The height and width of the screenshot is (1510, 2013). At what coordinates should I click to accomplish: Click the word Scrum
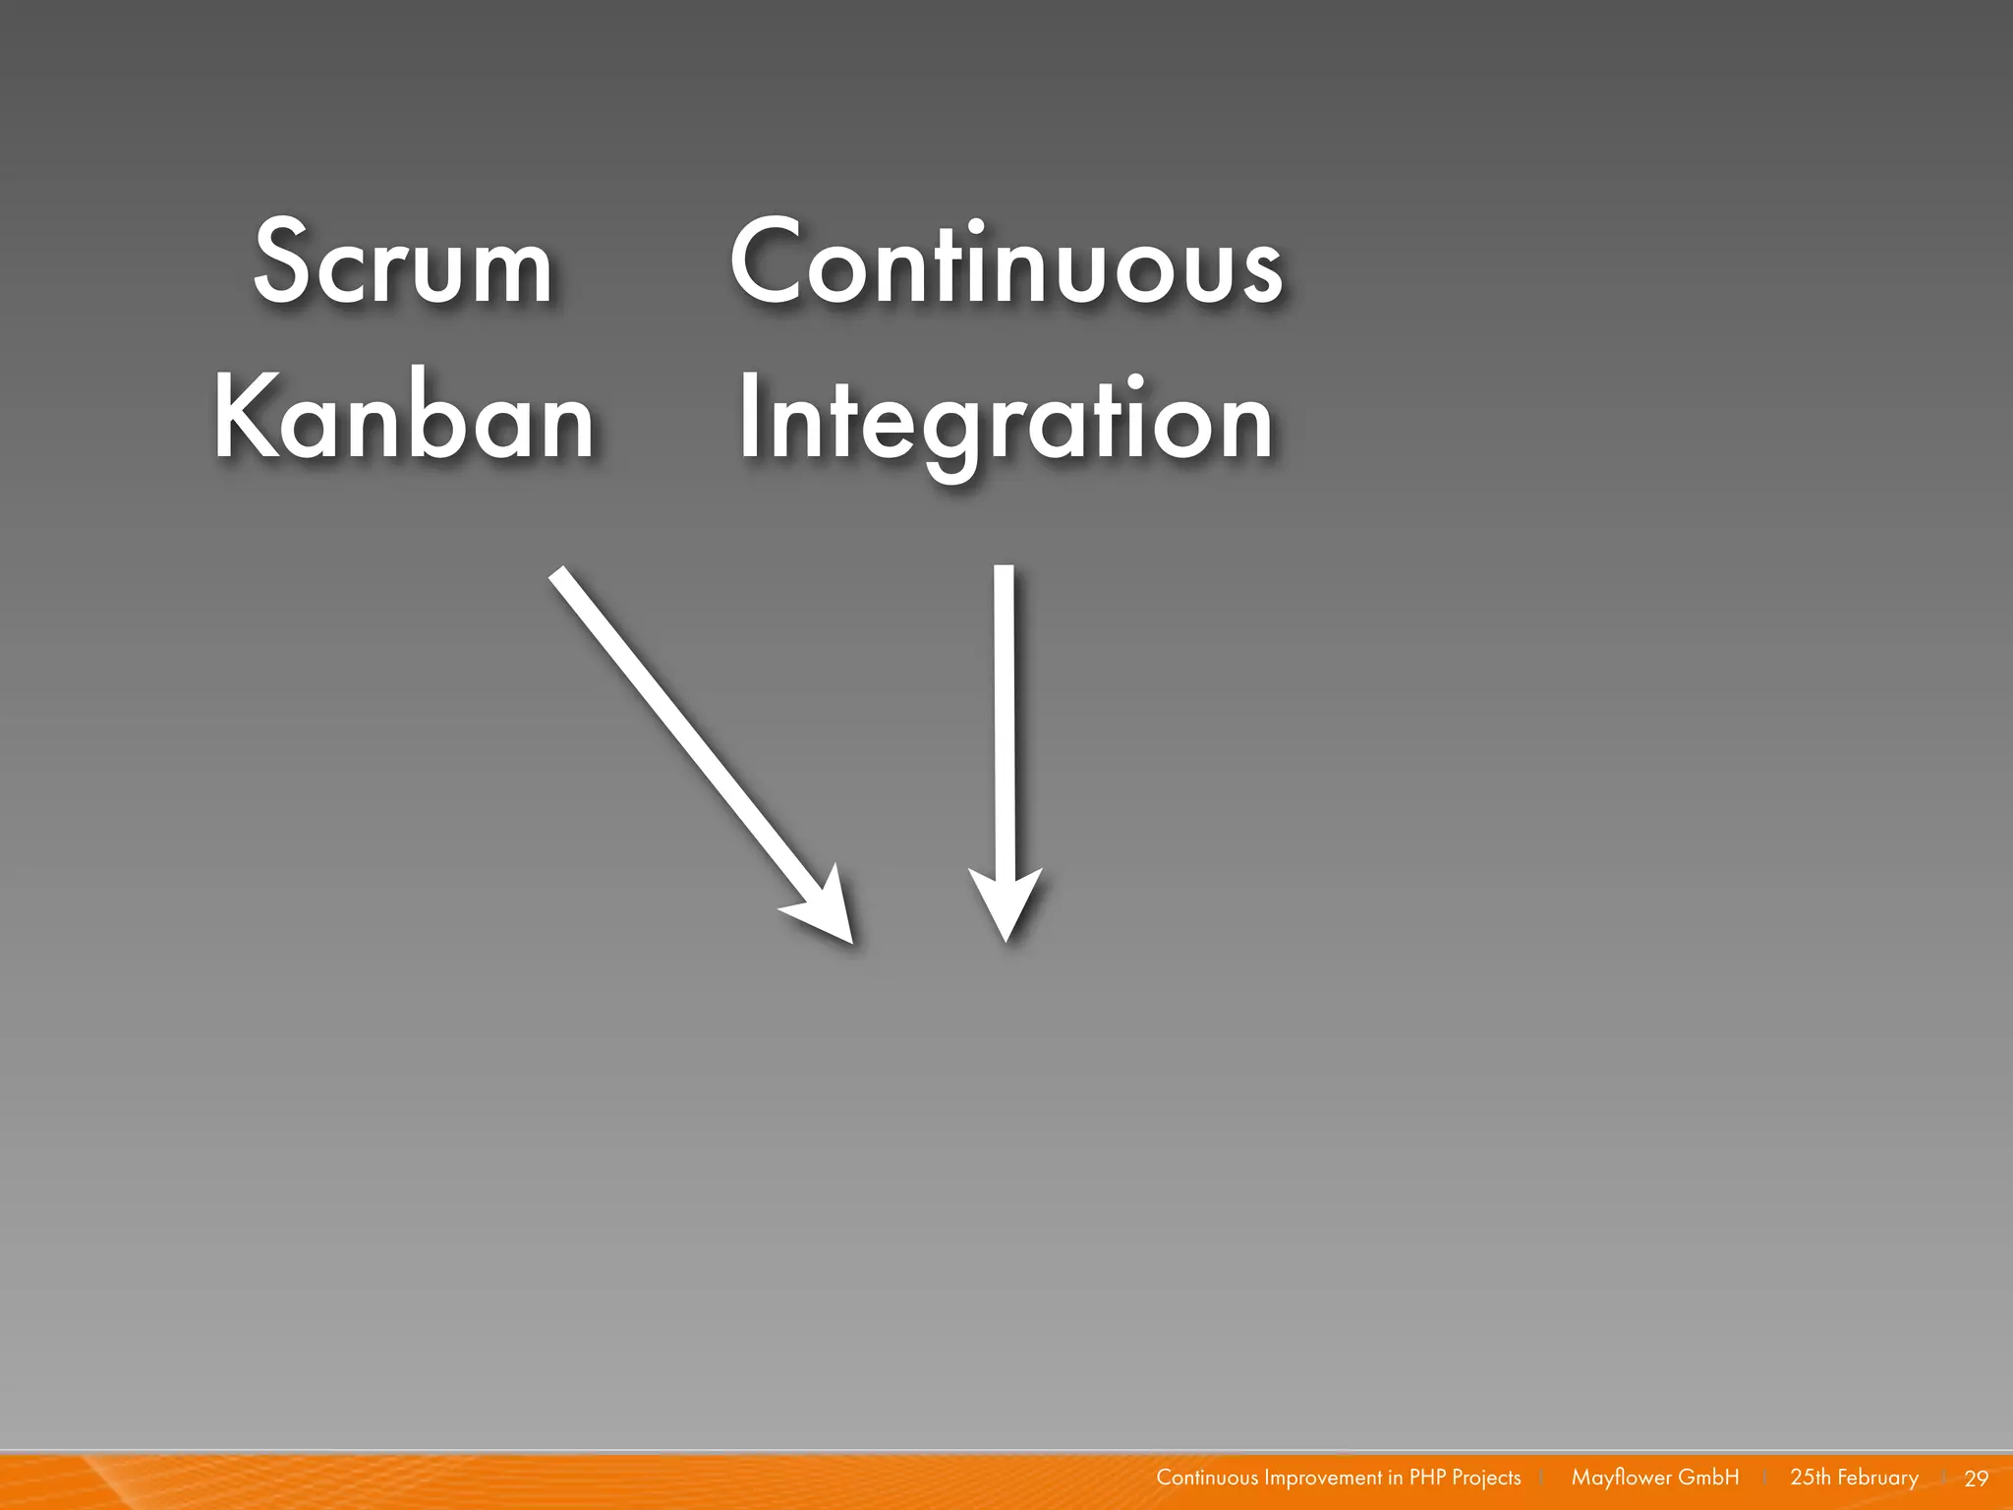click(403, 262)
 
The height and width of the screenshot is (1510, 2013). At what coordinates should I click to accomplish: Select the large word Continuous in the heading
click(1006, 262)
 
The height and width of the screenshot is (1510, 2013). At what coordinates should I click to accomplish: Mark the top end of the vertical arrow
click(1004, 572)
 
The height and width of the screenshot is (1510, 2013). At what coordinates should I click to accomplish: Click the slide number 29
click(1976, 1479)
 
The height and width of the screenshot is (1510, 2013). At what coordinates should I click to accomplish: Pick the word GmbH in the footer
click(1708, 1478)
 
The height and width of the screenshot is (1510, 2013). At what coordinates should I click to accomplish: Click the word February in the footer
click(1877, 1478)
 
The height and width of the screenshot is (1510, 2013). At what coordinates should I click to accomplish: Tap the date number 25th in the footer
click(1810, 1478)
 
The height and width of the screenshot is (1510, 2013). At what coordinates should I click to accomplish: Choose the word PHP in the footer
click(1427, 1478)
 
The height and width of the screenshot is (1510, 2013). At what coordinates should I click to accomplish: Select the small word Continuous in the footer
click(1207, 1478)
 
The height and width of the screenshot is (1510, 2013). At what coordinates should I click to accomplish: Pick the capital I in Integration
click(748, 418)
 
